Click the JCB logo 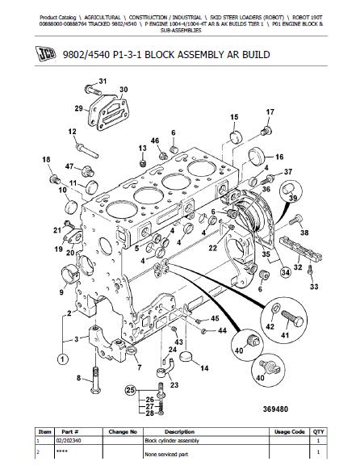pyautogui.click(x=46, y=55)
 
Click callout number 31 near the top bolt pyautogui.click(x=103, y=82)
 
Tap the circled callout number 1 pyautogui.click(x=62, y=359)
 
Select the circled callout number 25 pyautogui.click(x=130, y=390)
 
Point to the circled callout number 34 pyautogui.click(x=286, y=273)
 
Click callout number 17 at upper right pyautogui.click(x=270, y=112)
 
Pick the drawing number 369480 pyautogui.click(x=275, y=409)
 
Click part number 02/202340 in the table pyautogui.click(x=69, y=441)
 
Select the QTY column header pyautogui.click(x=318, y=432)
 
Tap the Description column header pyautogui.click(x=179, y=432)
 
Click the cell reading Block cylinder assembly pyautogui.click(x=172, y=441)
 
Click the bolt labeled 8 pyautogui.click(x=95, y=380)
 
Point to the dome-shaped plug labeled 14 pyautogui.click(x=186, y=356)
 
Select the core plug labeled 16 pyautogui.click(x=257, y=157)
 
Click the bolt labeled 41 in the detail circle pyautogui.click(x=292, y=319)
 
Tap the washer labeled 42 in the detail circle pyautogui.click(x=276, y=308)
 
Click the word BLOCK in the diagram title pyautogui.click(x=160, y=55)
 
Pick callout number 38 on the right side pyautogui.click(x=304, y=233)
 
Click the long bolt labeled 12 pyautogui.click(x=87, y=150)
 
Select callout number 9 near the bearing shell pyautogui.click(x=61, y=292)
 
